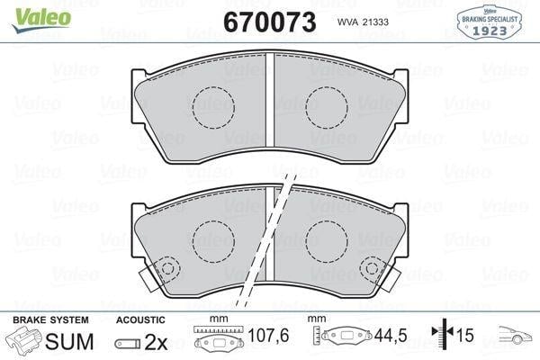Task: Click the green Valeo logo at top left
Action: point(41,20)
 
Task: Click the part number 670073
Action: point(270,22)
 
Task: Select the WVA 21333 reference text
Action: point(363,22)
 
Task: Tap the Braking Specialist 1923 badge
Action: point(490,22)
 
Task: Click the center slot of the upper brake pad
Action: point(270,100)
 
